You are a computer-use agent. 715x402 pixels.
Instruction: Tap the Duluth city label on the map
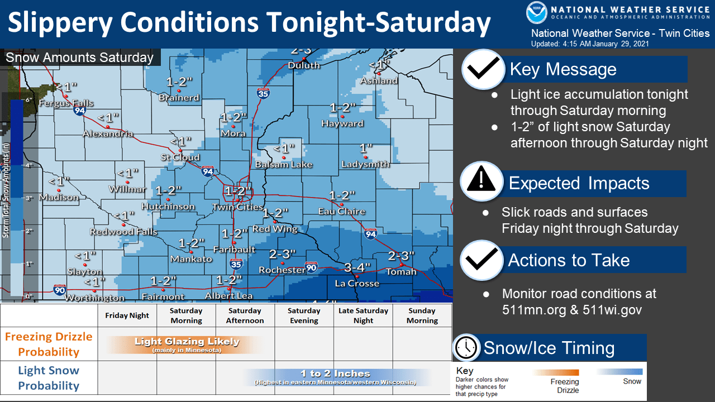304,65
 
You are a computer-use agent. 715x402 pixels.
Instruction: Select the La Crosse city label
357,283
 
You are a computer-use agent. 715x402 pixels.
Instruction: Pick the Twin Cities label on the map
237,207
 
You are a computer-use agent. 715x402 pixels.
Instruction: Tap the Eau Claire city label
341,211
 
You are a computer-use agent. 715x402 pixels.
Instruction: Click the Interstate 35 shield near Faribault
236,264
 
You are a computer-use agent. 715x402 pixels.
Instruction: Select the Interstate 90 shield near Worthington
60,289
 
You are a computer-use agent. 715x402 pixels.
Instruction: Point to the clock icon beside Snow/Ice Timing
466,348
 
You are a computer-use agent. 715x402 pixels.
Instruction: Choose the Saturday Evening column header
304,315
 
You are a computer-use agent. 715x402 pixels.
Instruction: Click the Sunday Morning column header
422,315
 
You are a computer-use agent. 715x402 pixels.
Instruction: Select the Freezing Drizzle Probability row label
49,344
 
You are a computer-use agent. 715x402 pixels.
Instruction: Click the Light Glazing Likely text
187,342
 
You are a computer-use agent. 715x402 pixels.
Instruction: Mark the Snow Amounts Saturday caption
79,58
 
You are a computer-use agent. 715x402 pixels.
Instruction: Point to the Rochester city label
282,270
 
